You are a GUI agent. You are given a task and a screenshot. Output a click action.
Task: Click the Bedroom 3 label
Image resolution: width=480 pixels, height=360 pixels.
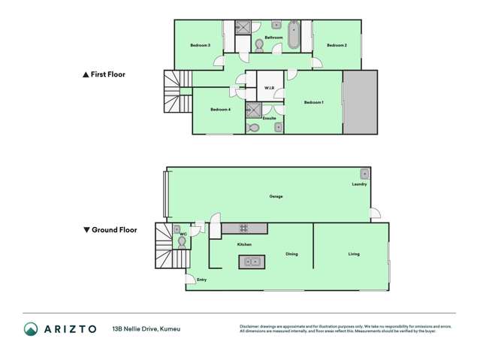(x=200, y=46)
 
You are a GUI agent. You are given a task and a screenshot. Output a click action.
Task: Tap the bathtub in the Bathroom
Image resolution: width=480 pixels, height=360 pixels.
(x=293, y=35)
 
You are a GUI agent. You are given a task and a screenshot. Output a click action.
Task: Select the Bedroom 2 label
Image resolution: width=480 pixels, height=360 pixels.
(x=337, y=46)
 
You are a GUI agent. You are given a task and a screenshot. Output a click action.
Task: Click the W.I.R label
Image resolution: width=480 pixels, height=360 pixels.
(x=269, y=89)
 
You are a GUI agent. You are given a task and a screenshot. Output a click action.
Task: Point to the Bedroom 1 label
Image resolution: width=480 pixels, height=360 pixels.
(x=313, y=102)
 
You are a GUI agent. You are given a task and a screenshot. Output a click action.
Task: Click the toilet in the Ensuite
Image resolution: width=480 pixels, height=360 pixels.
(x=254, y=128)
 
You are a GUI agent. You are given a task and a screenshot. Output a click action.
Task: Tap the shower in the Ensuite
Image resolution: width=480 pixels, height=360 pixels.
(x=253, y=110)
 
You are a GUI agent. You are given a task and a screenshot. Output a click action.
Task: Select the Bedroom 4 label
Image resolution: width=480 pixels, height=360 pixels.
(x=219, y=110)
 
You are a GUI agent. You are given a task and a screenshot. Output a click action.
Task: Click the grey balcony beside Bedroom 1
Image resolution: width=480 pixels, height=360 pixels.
(x=360, y=102)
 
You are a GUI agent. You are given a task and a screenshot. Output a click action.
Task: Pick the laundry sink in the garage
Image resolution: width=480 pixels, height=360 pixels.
(x=364, y=173)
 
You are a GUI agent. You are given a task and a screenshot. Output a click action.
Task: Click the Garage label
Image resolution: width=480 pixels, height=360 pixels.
(x=276, y=196)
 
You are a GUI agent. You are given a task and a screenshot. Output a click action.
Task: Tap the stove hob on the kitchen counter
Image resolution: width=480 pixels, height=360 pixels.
(x=243, y=228)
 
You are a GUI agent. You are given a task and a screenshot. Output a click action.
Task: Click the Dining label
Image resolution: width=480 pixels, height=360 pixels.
(x=291, y=254)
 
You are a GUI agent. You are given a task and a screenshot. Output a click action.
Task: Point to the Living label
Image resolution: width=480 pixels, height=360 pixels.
(x=354, y=254)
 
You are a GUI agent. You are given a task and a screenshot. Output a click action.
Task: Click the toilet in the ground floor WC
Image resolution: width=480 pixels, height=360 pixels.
(x=181, y=241)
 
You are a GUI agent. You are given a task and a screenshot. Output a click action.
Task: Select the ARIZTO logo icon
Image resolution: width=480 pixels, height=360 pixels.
(x=30, y=328)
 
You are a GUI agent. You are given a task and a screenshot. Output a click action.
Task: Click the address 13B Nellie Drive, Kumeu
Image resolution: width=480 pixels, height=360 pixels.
(x=146, y=328)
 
